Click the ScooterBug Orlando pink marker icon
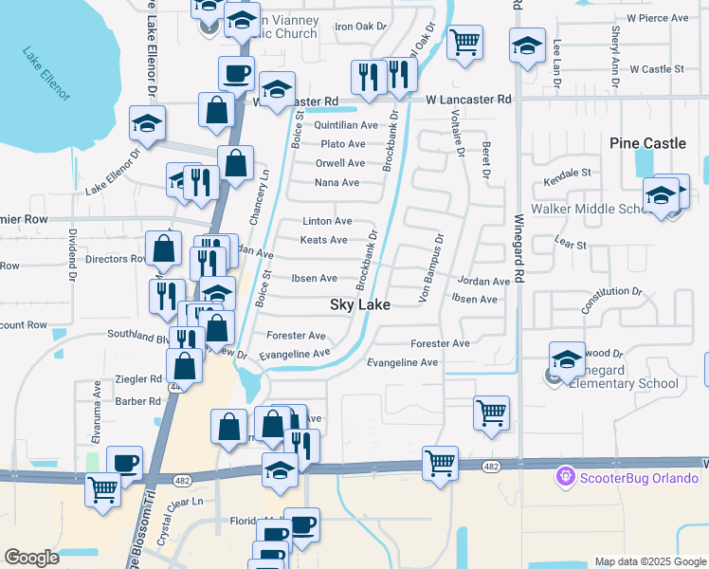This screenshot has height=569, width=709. point(567,474)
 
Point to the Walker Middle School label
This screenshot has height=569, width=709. point(588,209)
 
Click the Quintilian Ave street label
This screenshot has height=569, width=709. point(346,125)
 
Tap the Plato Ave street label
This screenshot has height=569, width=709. point(342,144)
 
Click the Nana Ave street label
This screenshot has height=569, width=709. point(336,182)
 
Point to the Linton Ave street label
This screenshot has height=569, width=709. point(327,221)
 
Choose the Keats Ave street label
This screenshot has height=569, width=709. point(323,240)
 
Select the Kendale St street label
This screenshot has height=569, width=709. point(567,174)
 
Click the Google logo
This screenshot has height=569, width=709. point(31,558)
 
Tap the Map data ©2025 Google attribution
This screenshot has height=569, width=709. point(649,561)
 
